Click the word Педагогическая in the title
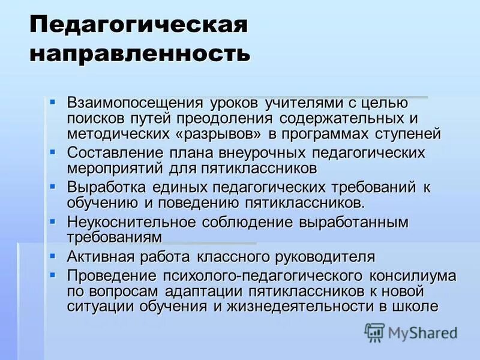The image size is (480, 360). (x=139, y=26)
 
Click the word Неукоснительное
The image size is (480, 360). (x=131, y=222)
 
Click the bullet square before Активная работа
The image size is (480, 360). (x=53, y=256)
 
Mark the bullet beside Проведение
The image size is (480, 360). (x=53, y=274)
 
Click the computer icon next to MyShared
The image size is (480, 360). (x=374, y=332)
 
